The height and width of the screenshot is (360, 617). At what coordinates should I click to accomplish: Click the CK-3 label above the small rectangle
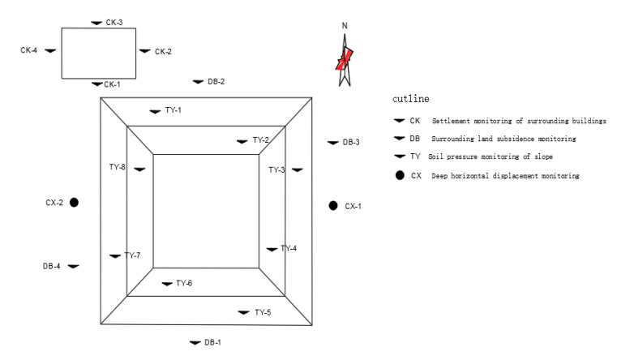coord(114,21)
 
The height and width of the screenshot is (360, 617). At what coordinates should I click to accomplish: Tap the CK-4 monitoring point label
coord(29,49)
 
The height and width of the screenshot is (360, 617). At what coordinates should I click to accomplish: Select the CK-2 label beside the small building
coord(163,51)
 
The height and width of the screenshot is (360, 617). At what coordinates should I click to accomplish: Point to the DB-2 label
coord(216,81)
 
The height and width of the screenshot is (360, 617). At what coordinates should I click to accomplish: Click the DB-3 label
coord(350,142)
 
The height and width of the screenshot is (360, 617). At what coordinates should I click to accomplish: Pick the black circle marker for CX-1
coord(332,206)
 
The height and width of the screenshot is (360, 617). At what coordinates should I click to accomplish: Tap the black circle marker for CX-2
coord(74,202)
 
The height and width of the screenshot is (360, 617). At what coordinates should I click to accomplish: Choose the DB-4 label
coord(52,266)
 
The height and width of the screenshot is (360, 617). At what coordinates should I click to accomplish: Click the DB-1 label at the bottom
coord(212,342)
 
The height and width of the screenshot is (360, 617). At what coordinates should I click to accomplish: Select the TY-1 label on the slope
coord(174,110)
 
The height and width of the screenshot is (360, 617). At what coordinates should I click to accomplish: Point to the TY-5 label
coord(263,312)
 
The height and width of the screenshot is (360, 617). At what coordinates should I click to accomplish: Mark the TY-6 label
coord(184,283)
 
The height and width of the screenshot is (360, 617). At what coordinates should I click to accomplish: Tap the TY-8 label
coord(118,167)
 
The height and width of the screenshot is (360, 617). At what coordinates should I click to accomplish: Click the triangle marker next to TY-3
coord(298,169)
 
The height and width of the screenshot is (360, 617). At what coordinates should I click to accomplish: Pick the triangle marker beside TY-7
coord(114,256)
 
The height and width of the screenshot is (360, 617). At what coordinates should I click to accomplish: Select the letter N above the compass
coord(345,26)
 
